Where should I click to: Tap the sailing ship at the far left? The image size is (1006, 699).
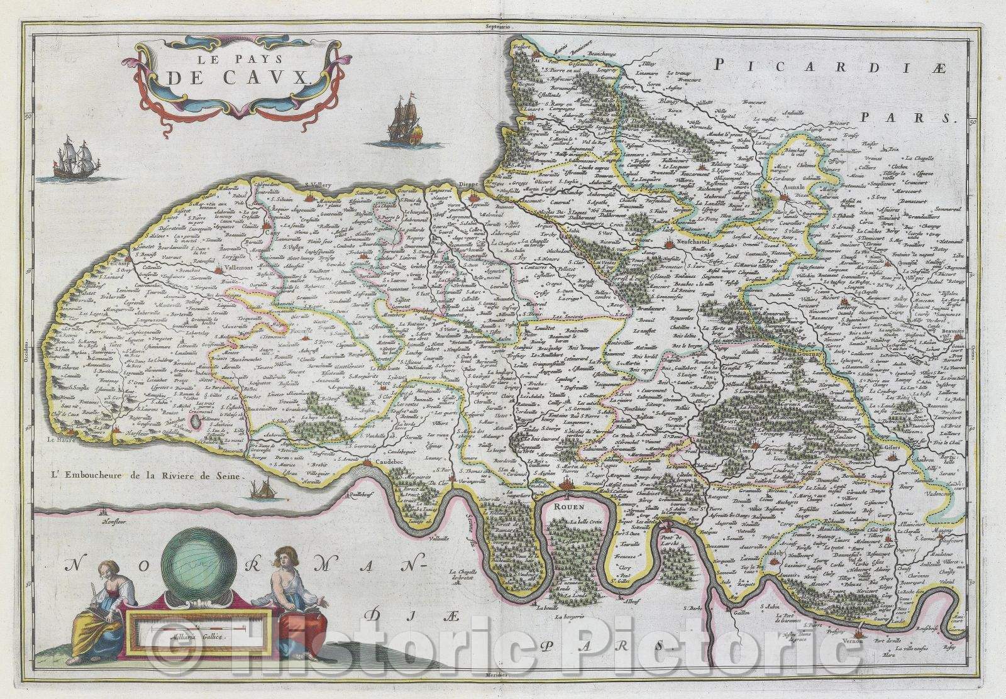70,162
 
